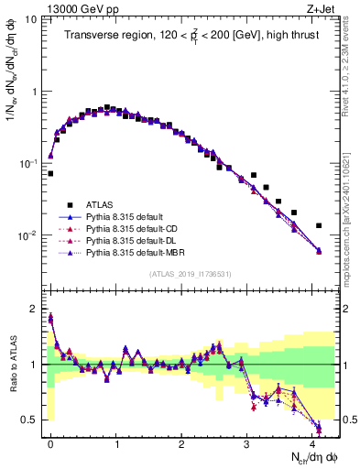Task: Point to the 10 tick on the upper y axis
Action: click(x=32, y=20)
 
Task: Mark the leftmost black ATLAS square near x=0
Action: click(x=50, y=173)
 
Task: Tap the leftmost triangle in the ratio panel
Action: click(x=50, y=318)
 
